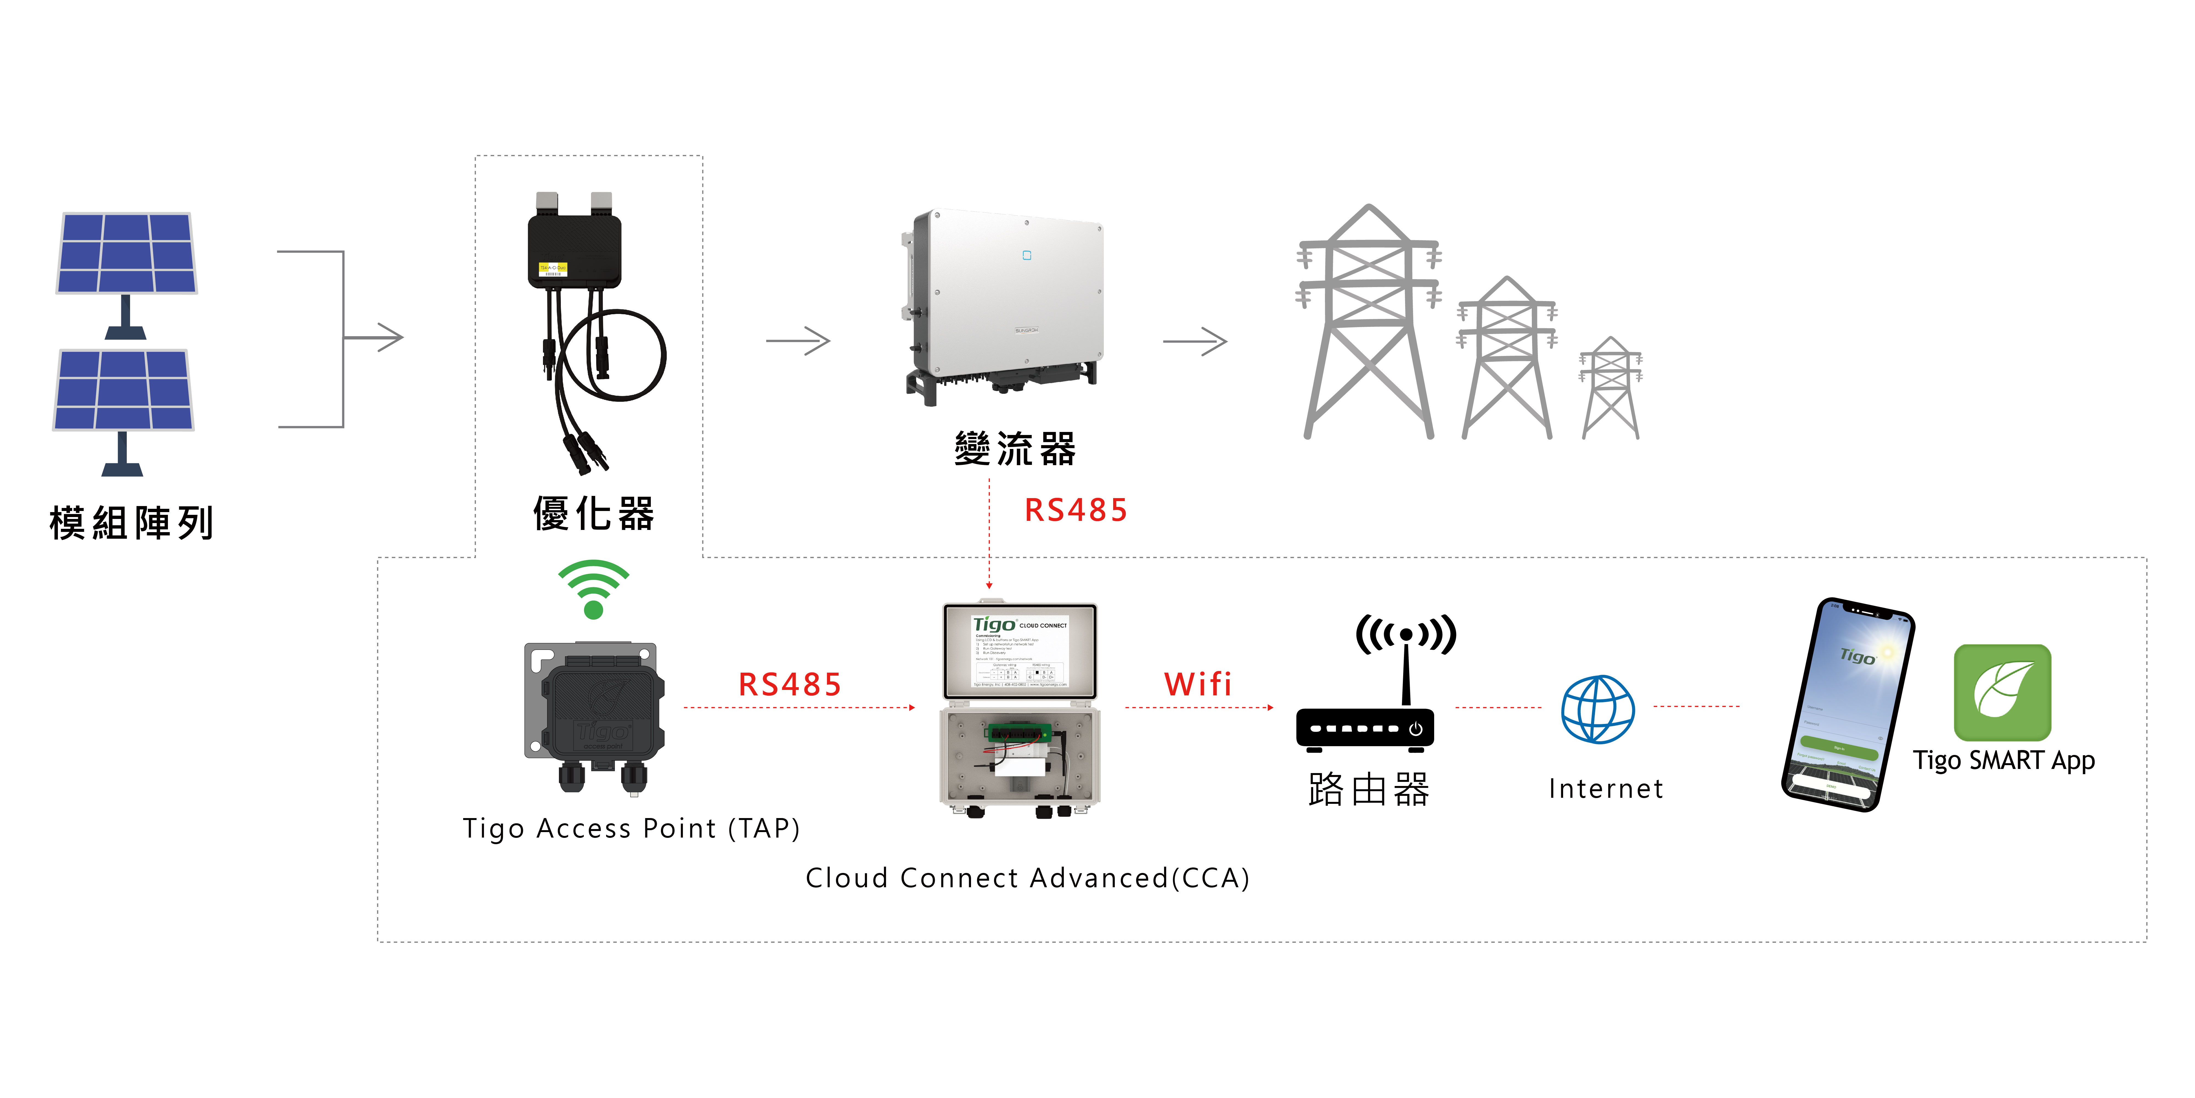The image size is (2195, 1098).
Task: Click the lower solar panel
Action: tap(123, 390)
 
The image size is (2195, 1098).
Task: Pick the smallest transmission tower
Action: tap(1611, 388)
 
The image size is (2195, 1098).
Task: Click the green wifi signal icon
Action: tap(594, 588)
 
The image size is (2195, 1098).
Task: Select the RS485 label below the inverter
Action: tap(1075, 511)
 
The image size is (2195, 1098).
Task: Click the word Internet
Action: tap(1605, 788)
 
